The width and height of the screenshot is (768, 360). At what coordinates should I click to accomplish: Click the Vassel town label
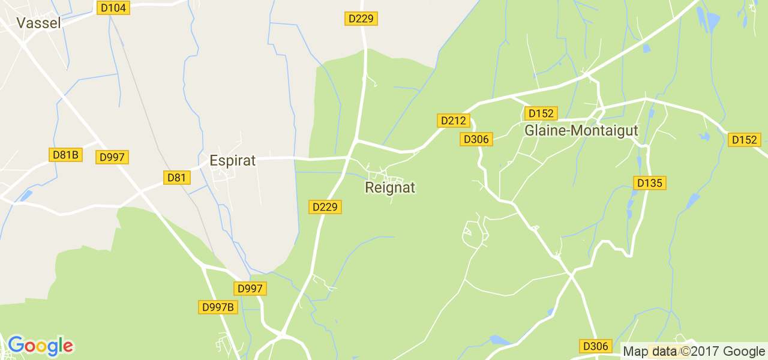tap(39, 23)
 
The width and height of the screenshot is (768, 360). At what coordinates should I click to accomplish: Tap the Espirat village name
tap(232, 161)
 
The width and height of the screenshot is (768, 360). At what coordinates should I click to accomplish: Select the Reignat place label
tap(390, 188)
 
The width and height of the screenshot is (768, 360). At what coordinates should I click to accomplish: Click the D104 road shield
tap(112, 7)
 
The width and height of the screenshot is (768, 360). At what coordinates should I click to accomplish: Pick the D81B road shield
tap(65, 155)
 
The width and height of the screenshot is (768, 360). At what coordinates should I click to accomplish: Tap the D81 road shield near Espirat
tap(177, 177)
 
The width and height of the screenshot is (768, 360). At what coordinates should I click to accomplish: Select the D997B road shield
tap(218, 307)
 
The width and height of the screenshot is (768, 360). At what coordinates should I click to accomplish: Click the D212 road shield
tap(453, 121)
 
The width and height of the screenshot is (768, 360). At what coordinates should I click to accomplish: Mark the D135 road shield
tap(650, 183)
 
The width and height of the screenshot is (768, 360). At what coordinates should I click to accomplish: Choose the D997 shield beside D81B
tap(112, 157)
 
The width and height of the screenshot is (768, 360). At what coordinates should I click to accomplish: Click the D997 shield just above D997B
tap(250, 289)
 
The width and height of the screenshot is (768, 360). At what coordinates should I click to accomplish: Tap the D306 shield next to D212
tap(476, 139)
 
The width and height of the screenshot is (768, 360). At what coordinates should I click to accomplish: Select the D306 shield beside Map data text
tap(596, 346)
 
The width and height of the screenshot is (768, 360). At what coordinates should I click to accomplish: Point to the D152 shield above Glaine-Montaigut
tap(541, 113)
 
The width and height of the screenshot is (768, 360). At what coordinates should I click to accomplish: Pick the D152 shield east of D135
tap(745, 140)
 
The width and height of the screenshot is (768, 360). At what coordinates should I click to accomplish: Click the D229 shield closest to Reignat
tap(325, 207)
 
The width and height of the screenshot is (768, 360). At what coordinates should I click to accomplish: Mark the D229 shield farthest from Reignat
tap(361, 19)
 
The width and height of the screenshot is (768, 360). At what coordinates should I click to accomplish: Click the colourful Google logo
tap(40, 346)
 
